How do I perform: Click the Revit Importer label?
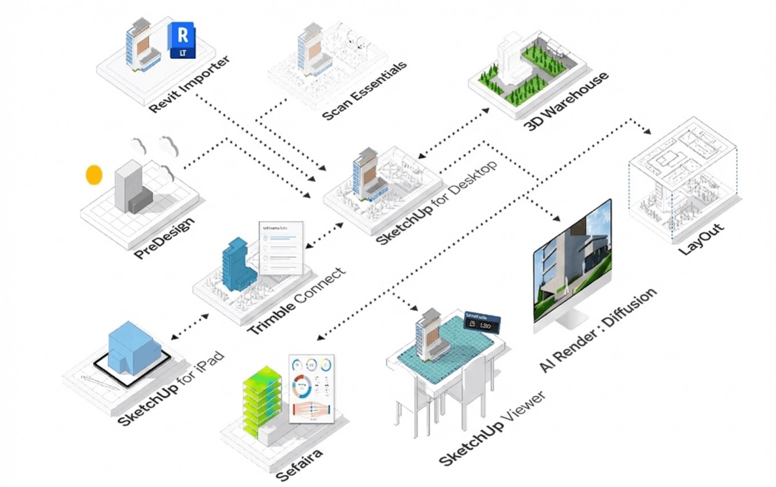pyautogui.click(x=189, y=84)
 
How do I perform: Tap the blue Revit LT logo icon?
pyautogui.click(x=182, y=41)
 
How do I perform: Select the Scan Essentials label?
pyautogui.click(x=365, y=91)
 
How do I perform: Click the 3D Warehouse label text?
pyautogui.click(x=566, y=101)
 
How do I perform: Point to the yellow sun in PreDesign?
pyautogui.click(x=94, y=174)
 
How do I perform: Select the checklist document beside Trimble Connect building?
pyautogui.click(x=281, y=248)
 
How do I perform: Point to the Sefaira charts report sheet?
pyautogui.click(x=312, y=389)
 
